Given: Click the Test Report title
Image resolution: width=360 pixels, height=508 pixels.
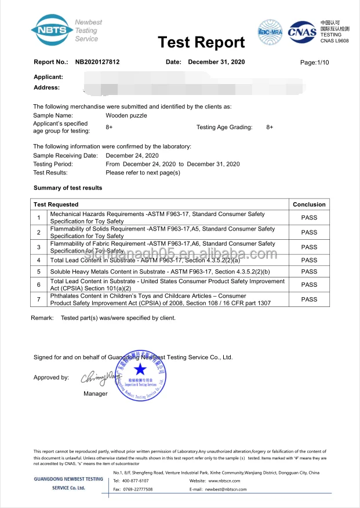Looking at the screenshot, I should [x=201, y=42].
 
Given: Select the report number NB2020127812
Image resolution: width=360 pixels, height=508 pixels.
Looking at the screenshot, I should [x=97, y=62].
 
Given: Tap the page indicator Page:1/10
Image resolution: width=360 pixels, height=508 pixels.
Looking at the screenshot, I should [x=314, y=62].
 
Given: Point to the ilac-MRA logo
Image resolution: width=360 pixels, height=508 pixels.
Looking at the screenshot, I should [x=270, y=31].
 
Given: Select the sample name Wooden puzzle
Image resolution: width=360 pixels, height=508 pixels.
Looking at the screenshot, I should [x=126, y=115].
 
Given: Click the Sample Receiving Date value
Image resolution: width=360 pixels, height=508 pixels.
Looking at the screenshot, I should [x=132, y=156].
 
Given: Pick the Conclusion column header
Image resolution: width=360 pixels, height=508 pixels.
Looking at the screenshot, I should [x=309, y=204].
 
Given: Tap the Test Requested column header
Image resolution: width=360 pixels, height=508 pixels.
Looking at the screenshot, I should [x=56, y=204].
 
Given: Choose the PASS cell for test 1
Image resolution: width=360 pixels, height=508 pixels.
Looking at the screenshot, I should [x=309, y=217].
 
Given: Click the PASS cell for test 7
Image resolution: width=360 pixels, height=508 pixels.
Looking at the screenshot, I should [x=309, y=299].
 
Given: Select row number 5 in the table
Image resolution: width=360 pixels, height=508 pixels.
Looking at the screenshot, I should [x=38, y=271].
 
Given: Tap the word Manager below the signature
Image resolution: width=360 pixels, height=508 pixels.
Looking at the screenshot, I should [x=95, y=394].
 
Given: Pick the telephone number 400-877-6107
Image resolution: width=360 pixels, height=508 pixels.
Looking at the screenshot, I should [x=135, y=481].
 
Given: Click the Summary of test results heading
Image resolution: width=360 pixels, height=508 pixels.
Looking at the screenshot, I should [x=68, y=188].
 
